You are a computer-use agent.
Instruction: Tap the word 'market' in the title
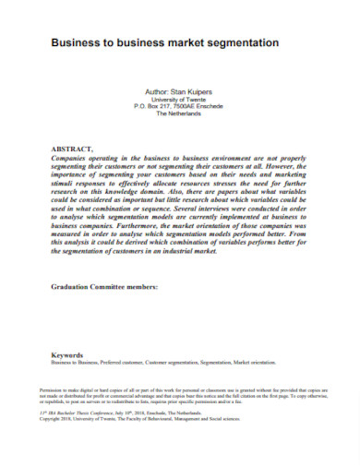click(190, 42)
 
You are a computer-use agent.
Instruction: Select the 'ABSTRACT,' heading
click(72, 149)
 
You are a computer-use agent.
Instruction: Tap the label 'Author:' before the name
click(158, 92)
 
